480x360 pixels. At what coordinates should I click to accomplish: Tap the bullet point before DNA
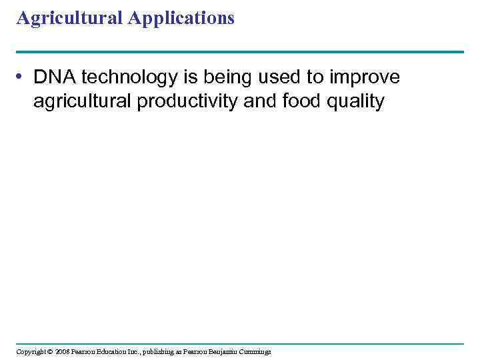tap(23, 78)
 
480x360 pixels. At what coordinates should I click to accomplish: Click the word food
tap(298, 102)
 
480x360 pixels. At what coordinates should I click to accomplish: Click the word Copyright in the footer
tap(31, 351)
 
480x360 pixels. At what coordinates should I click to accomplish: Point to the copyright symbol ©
tap(50, 351)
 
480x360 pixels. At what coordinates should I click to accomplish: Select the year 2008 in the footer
tap(63, 351)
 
